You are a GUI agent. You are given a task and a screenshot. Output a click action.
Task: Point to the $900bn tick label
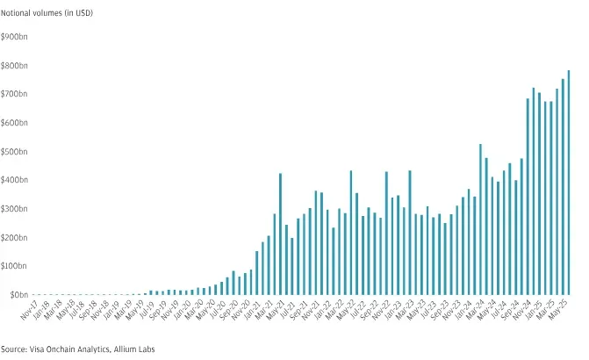tap(14, 37)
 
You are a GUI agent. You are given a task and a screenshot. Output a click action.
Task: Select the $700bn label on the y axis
tap(14, 94)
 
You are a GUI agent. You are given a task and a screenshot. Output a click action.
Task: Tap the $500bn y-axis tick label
tap(14, 151)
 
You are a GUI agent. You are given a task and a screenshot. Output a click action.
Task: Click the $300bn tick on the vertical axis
tap(14, 208)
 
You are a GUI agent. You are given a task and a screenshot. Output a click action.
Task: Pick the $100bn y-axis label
tap(14, 265)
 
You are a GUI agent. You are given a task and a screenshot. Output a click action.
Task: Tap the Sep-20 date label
tap(228, 310)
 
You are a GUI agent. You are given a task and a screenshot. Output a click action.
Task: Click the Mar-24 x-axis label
tap(474, 310)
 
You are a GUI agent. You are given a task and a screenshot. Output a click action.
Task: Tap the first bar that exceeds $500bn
tap(480, 220)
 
